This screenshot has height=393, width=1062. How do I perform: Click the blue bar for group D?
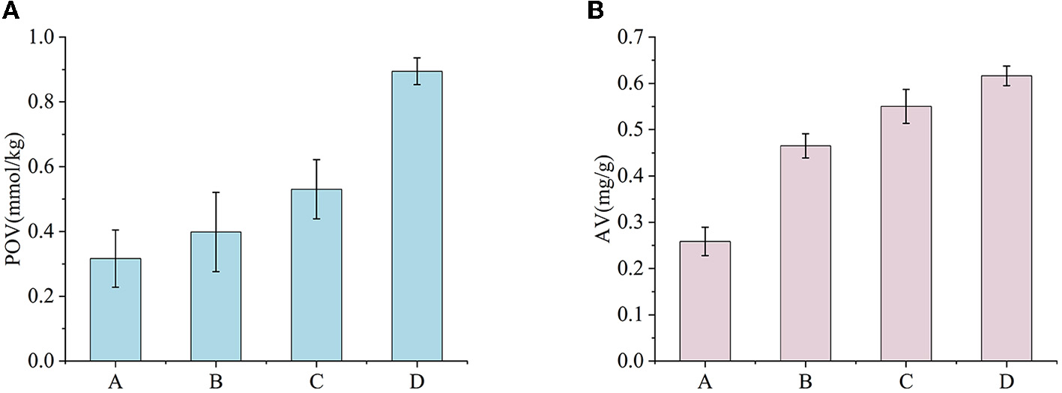(x=417, y=217)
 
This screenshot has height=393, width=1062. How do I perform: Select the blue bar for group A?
(x=115, y=310)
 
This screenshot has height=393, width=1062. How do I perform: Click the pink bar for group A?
(x=705, y=301)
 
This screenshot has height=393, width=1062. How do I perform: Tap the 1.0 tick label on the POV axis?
(x=43, y=37)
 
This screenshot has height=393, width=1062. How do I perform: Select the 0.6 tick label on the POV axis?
(x=43, y=167)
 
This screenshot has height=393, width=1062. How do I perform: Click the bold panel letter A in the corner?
(x=8, y=10)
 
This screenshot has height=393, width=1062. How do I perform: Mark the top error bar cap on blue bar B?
(x=216, y=192)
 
